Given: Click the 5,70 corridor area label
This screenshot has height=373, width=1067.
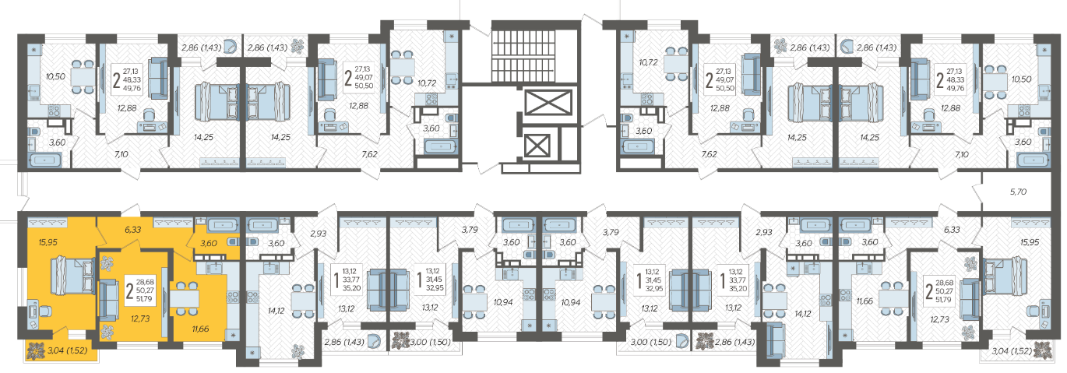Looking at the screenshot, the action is (1018, 192).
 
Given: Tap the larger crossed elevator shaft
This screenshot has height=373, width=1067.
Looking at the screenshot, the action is (548, 103).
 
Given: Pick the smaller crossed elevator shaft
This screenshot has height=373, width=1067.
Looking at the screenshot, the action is (537, 146).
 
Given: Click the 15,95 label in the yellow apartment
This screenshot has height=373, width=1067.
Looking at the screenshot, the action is (48, 242).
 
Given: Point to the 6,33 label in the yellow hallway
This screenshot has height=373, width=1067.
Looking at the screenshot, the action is (133, 230).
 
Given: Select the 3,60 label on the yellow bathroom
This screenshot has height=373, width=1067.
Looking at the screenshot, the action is (209, 243).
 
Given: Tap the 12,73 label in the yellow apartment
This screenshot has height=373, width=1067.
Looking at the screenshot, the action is (140, 318).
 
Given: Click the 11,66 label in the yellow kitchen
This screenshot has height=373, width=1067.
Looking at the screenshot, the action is (200, 329).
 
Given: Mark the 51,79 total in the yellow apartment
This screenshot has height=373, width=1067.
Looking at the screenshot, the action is (144, 299).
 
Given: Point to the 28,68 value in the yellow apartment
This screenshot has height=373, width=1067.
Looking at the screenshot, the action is (144, 282).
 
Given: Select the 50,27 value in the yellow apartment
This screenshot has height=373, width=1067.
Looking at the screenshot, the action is (144, 290).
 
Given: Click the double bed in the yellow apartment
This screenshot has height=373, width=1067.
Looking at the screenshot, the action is (72, 276).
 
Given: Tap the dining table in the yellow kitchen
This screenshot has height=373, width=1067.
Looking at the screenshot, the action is (185, 299).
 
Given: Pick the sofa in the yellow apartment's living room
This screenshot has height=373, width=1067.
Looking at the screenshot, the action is (108, 300).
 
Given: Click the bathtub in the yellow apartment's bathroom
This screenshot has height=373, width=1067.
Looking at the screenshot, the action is (223, 225).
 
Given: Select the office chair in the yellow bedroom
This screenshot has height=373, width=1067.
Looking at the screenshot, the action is (44, 311).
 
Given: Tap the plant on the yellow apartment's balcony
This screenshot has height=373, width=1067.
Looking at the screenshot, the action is (36, 351).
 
